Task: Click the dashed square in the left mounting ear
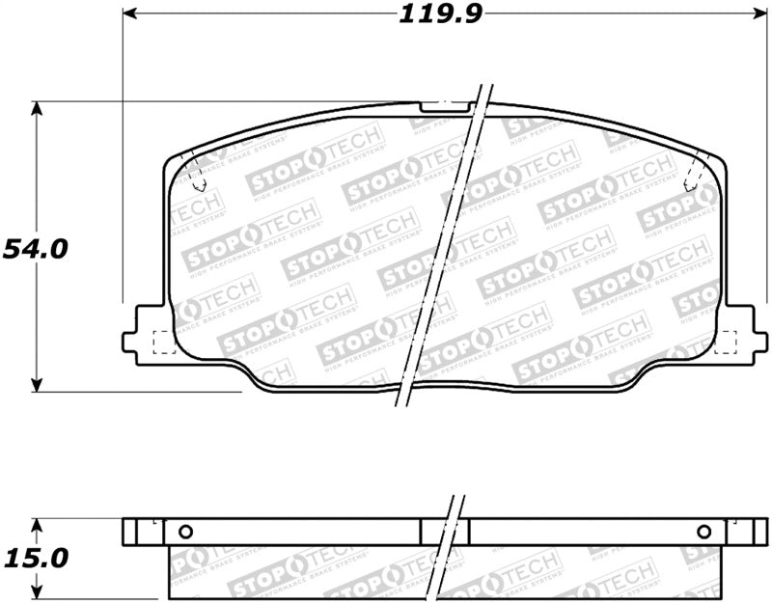(x=163, y=341)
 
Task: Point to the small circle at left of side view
(x=186, y=532)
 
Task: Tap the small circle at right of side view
(x=703, y=532)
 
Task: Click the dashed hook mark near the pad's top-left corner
(x=198, y=177)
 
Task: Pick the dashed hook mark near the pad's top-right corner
(x=690, y=177)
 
